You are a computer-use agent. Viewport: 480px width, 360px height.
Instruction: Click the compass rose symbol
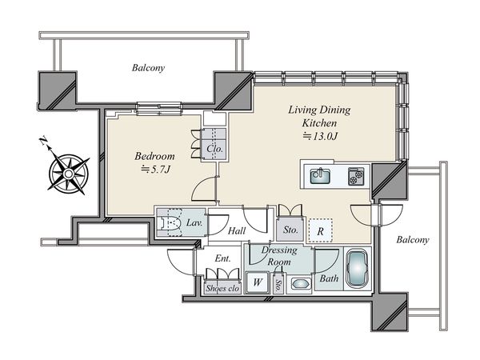69,174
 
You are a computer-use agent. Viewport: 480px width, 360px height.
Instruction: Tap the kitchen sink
320,176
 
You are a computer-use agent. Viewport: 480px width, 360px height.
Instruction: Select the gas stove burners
356,177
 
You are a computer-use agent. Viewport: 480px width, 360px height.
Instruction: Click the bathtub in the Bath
357,269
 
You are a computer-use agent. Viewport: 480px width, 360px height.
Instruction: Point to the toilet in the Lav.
169,222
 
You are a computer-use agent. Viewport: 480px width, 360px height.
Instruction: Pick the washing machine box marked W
258,282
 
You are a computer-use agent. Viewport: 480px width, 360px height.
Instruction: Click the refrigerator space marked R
320,230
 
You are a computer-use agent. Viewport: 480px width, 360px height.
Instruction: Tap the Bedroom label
155,156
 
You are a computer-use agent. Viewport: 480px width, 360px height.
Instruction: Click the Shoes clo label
222,288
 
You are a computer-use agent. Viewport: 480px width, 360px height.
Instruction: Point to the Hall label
237,230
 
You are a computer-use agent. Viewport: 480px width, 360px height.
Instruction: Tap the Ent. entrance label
222,258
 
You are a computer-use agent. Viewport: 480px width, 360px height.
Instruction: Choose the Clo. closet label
214,149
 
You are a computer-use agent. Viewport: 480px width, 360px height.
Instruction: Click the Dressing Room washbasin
300,284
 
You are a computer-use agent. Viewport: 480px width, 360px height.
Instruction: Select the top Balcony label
148,68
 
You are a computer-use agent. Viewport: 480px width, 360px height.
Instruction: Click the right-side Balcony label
413,240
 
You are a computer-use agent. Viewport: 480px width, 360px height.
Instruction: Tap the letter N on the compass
43,142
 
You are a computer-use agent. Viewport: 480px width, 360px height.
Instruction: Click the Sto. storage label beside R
290,230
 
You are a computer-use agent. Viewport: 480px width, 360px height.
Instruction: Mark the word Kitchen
319,123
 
